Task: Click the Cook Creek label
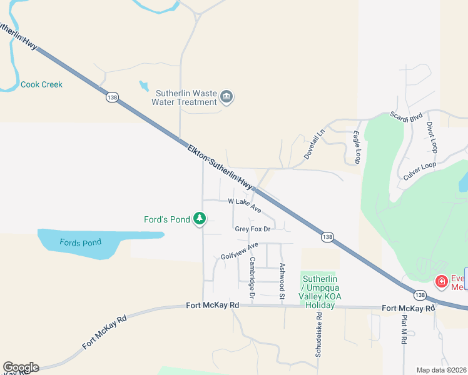41,84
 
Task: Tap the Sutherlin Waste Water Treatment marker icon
226,97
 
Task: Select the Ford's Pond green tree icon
200,219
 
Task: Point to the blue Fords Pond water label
80,242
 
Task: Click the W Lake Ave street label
245,206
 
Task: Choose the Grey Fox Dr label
252,229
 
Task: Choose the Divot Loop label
431,137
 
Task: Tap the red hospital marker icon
441,282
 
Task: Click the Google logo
21,367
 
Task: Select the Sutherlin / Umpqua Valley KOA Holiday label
320,292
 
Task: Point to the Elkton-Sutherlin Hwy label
222,167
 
